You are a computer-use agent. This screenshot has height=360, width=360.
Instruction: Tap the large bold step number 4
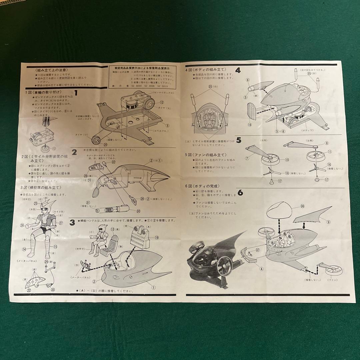pos(238,70)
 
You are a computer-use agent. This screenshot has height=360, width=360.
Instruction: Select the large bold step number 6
pos(240,193)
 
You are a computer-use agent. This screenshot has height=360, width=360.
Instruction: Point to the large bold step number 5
pos(238,140)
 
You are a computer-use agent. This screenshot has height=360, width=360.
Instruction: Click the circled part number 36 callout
pos(303,206)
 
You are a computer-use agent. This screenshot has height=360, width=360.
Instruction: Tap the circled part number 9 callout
pos(329,221)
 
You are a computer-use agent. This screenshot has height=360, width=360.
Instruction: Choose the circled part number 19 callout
pos(157,237)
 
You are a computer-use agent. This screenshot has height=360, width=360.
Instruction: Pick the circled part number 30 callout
pos(138,210)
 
